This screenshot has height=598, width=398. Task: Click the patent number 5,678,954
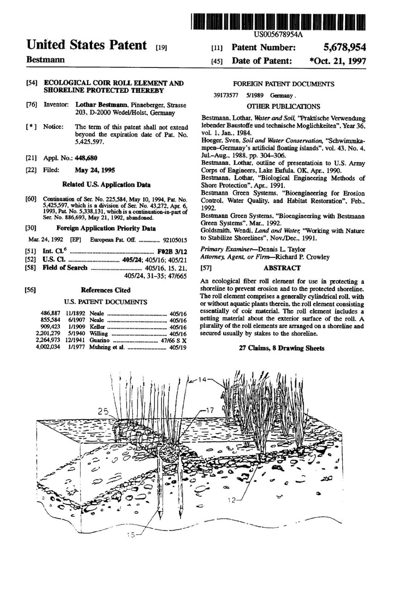[344, 47]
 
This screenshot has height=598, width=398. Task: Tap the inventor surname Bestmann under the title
[45, 59]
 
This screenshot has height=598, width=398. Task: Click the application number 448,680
[86, 158]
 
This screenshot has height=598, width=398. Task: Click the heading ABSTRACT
[282, 268]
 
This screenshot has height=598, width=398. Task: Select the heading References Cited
[105, 290]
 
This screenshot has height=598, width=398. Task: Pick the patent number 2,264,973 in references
[48, 340]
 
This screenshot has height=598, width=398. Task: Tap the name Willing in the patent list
[99, 334]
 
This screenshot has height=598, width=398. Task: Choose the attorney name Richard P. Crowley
[302, 257]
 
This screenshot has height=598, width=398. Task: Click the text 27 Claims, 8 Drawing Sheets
[282, 348]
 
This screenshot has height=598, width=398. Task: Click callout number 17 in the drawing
[210, 410]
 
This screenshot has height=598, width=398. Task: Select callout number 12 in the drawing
[232, 501]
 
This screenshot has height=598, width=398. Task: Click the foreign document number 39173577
[225, 96]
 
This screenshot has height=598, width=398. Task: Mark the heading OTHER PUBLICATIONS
[283, 107]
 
